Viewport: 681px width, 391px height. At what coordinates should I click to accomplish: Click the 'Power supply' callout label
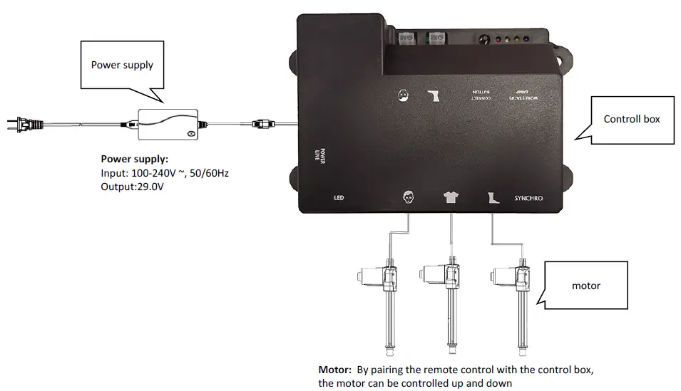(122, 65)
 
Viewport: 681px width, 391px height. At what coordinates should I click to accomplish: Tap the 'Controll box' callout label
(632, 119)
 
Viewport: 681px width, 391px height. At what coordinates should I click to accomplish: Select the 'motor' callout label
(586, 286)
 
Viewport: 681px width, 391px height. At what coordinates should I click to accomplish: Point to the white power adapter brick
(167, 124)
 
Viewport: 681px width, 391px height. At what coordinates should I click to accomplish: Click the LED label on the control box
(339, 199)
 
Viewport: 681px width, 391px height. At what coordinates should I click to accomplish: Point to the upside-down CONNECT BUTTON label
(483, 95)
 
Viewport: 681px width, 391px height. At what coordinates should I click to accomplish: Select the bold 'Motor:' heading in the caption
(334, 370)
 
